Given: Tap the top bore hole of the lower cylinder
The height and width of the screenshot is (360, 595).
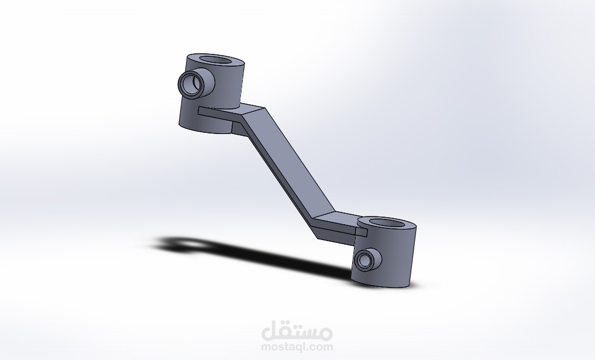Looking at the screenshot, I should (x=387, y=223).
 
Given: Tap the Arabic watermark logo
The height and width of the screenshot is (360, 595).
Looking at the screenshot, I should (x=297, y=332).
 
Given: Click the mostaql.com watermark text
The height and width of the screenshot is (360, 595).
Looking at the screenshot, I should (x=297, y=347).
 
